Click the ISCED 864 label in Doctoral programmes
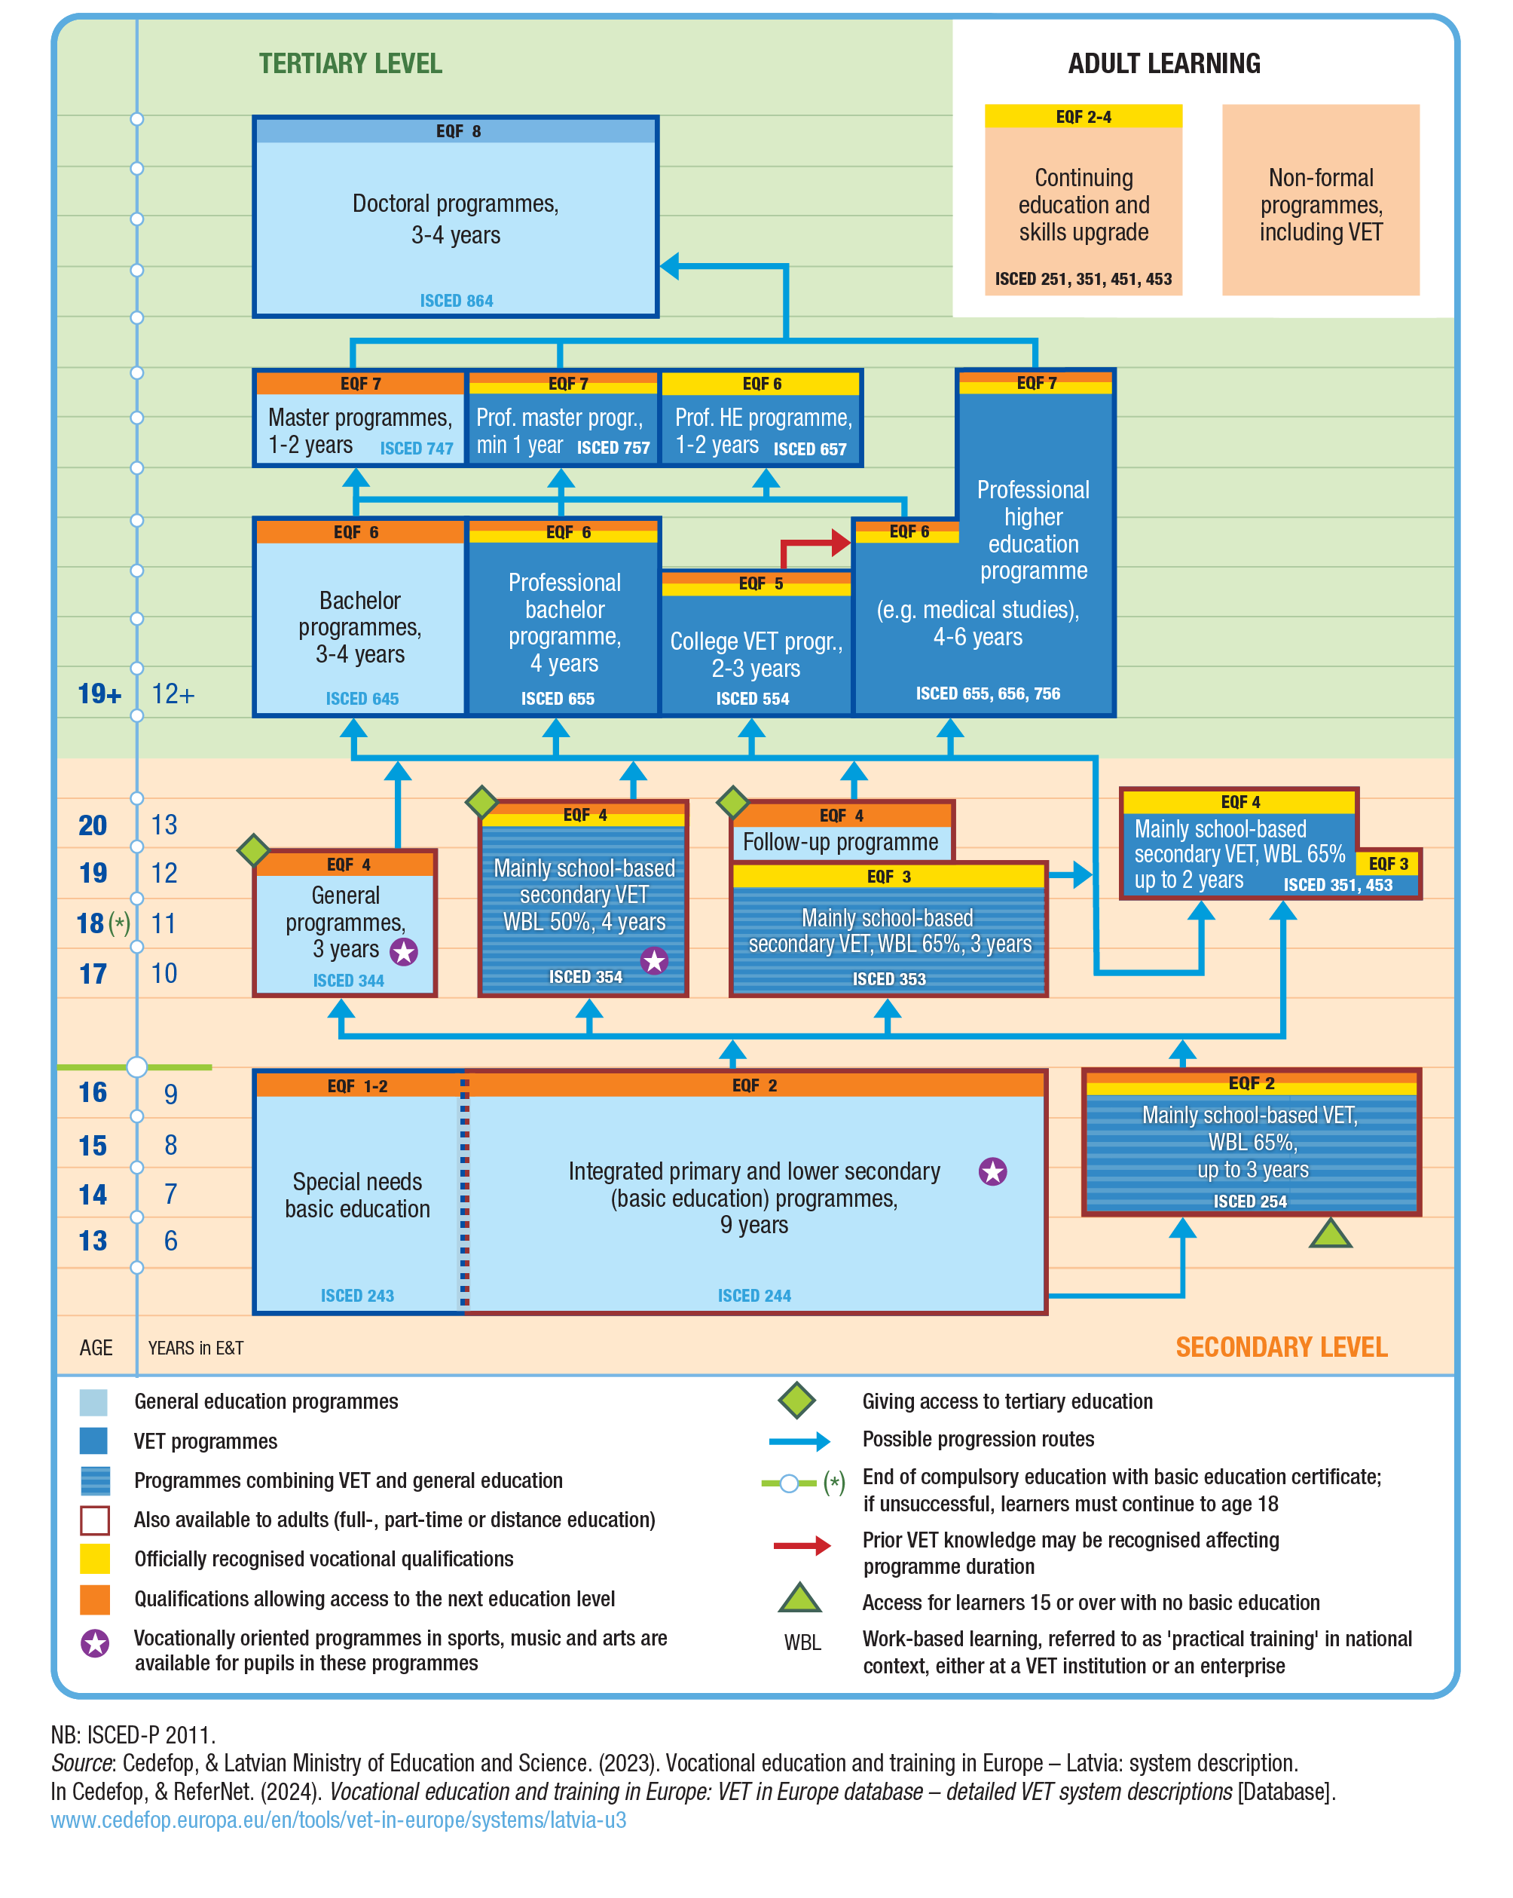(456, 300)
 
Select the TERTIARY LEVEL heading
(350, 63)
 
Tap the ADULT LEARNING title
(1163, 63)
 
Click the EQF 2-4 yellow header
(1083, 116)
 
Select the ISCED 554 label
(753, 698)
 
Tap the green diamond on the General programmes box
(253, 850)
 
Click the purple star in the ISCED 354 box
(654, 960)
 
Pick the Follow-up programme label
(841, 843)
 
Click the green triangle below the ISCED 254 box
(1330, 1233)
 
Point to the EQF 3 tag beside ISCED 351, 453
(1388, 864)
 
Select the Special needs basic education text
(357, 1195)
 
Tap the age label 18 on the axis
(90, 923)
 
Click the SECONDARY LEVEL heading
(1281, 1347)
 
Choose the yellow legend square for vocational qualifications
(95, 1558)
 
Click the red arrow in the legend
(802, 1546)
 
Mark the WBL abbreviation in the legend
(802, 1642)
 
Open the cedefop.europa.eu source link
(338, 1820)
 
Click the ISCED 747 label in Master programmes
(417, 448)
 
